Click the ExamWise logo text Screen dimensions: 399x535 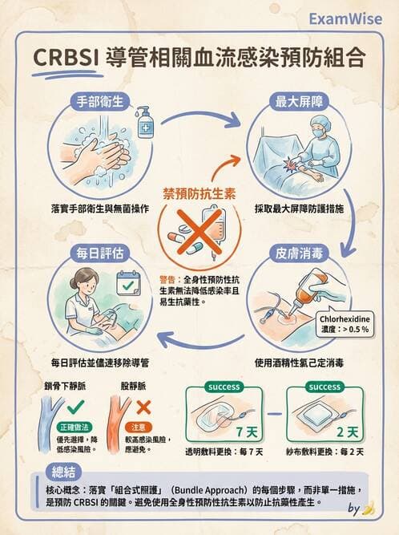[x=345, y=18]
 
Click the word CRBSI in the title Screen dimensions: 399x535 [x=66, y=58]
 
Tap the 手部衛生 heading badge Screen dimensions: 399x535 [x=99, y=102]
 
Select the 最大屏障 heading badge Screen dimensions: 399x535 [x=299, y=102]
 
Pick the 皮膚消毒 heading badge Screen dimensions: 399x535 [x=299, y=253]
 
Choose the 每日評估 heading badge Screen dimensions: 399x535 [x=99, y=253]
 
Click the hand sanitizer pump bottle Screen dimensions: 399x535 [x=145, y=122]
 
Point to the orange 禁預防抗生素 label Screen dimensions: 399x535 [x=199, y=194]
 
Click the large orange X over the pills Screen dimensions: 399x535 [x=199, y=232]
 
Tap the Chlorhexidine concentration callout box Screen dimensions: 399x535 [x=345, y=324]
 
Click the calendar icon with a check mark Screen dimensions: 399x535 [x=128, y=283]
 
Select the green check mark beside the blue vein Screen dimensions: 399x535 [x=75, y=407]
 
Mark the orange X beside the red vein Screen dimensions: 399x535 [x=143, y=407]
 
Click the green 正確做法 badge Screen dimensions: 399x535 [x=74, y=427]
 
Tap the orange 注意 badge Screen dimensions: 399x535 [x=138, y=427]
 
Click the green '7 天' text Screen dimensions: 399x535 [x=247, y=432]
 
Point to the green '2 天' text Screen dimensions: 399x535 [x=347, y=432]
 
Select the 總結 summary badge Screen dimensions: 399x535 [x=63, y=472]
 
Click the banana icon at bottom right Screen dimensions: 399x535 [x=369, y=508]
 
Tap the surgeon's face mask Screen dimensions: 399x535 [x=319, y=133]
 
